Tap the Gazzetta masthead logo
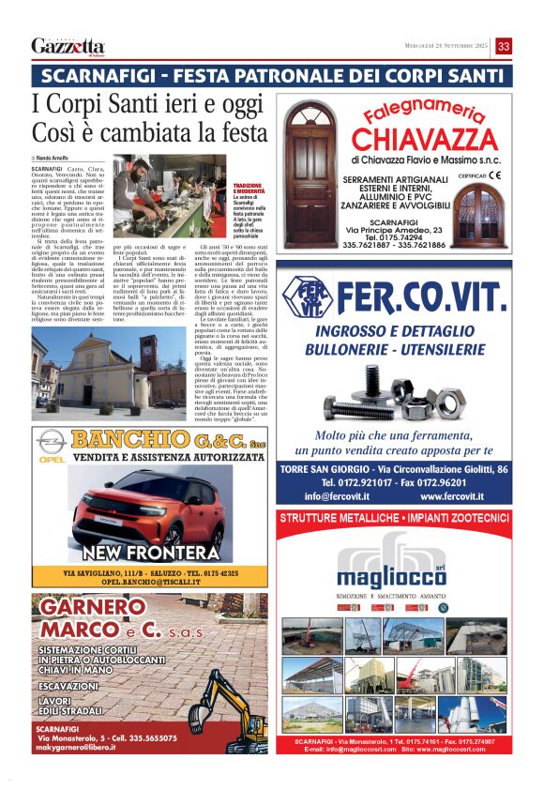pyautogui.click(x=68, y=47)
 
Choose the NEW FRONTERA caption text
pyautogui.click(x=150, y=553)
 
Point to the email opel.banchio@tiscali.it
pyautogui.click(x=151, y=583)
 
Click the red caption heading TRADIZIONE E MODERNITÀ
pyautogui.click(x=248, y=190)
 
